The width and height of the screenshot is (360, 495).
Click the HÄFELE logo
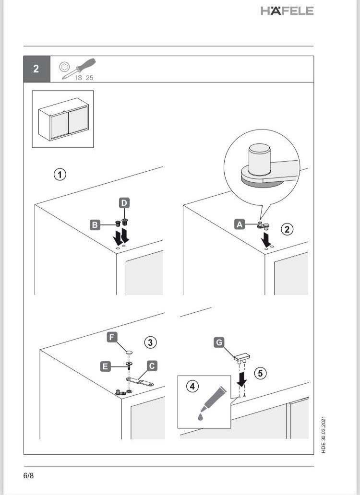tap(287, 11)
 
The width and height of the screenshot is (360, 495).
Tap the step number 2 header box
tap(36, 69)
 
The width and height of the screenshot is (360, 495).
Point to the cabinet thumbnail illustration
tap(63, 119)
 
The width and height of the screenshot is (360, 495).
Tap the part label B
tap(95, 224)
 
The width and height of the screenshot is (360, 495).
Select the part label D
tap(124, 203)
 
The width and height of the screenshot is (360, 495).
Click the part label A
tap(239, 223)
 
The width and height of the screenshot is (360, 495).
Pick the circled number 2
tap(287, 229)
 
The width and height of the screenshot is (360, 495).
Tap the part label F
tap(111, 337)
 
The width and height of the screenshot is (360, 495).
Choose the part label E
tap(104, 366)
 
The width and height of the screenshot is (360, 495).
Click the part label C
tap(151, 366)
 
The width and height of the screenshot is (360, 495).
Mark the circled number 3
tap(150, 342)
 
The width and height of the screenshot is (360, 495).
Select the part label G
tap(219, 342)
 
